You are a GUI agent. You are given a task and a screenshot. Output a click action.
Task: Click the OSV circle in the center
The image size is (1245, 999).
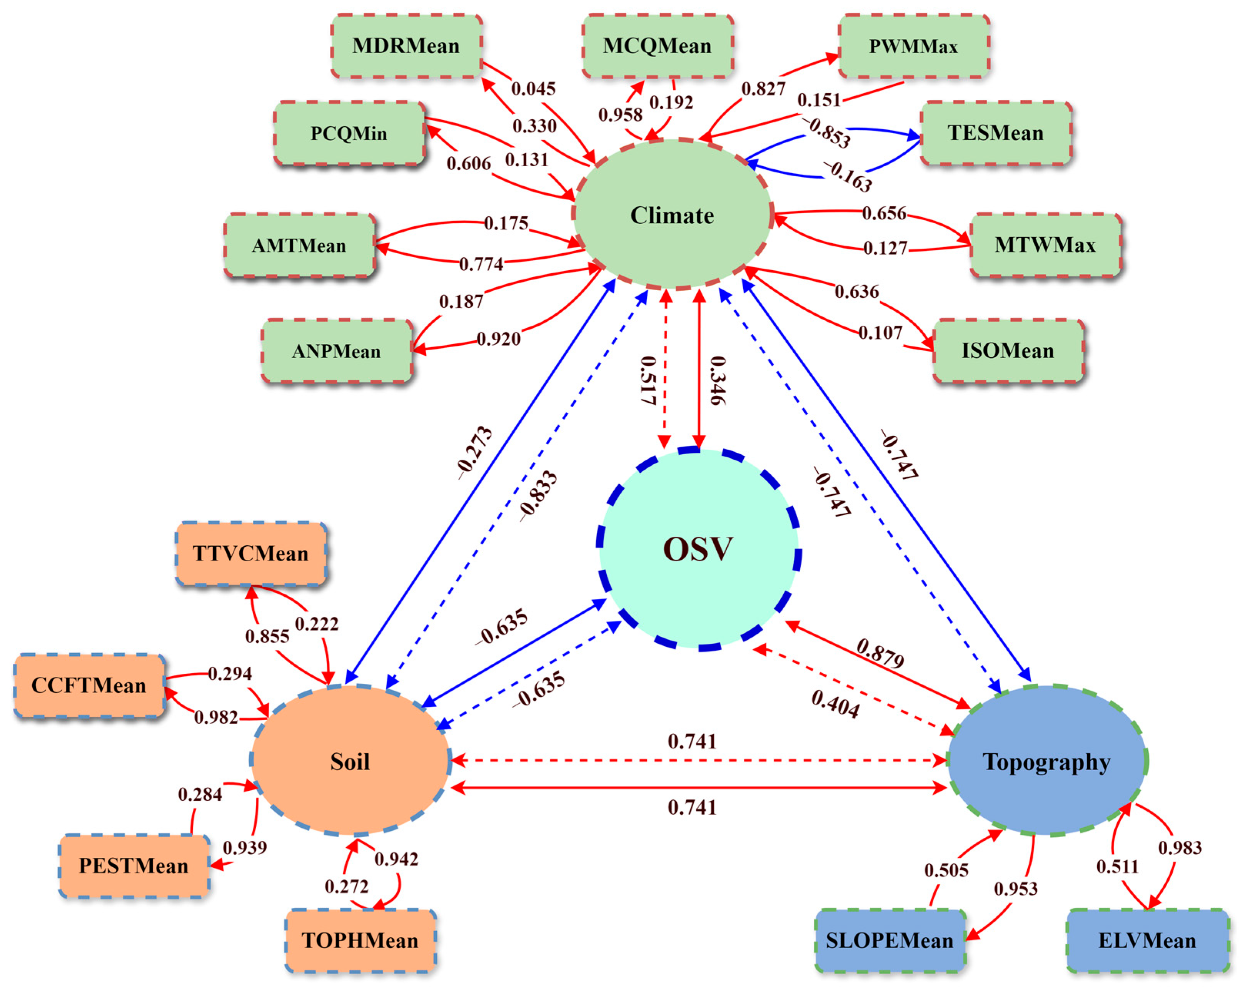coord(698,549)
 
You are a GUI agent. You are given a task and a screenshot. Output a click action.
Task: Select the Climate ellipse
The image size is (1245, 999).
coord(672,215)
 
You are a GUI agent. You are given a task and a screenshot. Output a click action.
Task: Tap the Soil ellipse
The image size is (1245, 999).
coord(350,761)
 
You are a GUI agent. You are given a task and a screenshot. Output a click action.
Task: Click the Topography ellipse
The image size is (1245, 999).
coord(1046,761)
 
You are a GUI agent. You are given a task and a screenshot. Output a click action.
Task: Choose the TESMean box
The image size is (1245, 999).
coord(996,133)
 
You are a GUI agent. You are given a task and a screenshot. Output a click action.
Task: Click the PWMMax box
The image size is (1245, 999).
coord(913,46)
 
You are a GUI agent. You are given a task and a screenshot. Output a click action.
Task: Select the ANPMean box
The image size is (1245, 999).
coord(336,351)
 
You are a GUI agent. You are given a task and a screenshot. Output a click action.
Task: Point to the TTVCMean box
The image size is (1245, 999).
coord(250,554)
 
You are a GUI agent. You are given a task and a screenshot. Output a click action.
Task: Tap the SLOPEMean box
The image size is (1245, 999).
coord(889,940)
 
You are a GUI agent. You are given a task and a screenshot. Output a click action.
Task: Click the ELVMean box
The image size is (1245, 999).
coord(1147,940)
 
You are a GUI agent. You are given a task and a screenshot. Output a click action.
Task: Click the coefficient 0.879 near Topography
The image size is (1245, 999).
coord(880,653)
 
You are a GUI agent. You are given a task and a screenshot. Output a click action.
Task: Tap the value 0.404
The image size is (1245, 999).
coord(835,704)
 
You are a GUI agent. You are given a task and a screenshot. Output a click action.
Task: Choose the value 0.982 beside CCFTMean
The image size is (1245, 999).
coord(216,718)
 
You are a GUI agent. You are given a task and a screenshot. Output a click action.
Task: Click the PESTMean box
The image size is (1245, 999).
coord(134,865)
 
